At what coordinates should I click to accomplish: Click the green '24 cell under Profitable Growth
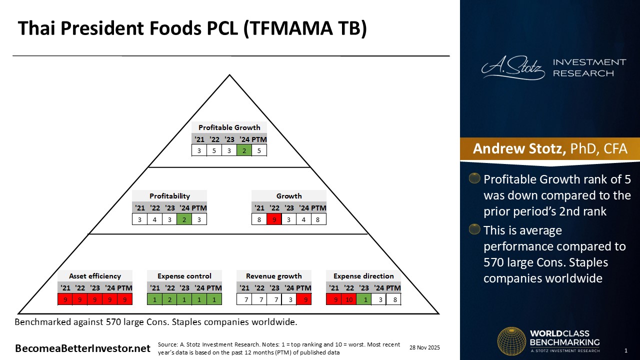[244, 150]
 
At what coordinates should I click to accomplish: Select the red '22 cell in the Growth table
[274, 219]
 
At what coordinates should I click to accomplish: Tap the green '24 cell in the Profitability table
[184, 219]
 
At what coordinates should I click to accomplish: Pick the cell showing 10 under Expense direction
[349, 299]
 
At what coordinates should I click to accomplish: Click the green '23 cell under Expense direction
[363, 299]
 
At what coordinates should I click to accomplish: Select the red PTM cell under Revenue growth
[304, 299]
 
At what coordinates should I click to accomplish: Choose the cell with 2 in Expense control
[169, 299]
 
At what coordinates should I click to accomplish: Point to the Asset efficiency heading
[95, 276]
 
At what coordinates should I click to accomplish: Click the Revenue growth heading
[273, 276]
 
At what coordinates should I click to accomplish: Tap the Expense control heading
[184, 276]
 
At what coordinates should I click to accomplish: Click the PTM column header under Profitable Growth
[259, 139]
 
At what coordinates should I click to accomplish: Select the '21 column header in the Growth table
[259, 208]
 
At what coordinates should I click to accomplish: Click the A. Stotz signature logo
[513, 67]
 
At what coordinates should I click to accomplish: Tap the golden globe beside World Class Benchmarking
[511, 341]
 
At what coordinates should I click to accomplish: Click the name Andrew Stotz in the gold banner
[519, 148]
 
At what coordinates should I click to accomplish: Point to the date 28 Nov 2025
[424, 347]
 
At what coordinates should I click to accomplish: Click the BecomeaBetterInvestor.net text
[82, 348]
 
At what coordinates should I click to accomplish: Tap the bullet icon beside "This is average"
[474, 229]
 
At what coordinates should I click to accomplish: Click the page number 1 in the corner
[626, 350]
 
